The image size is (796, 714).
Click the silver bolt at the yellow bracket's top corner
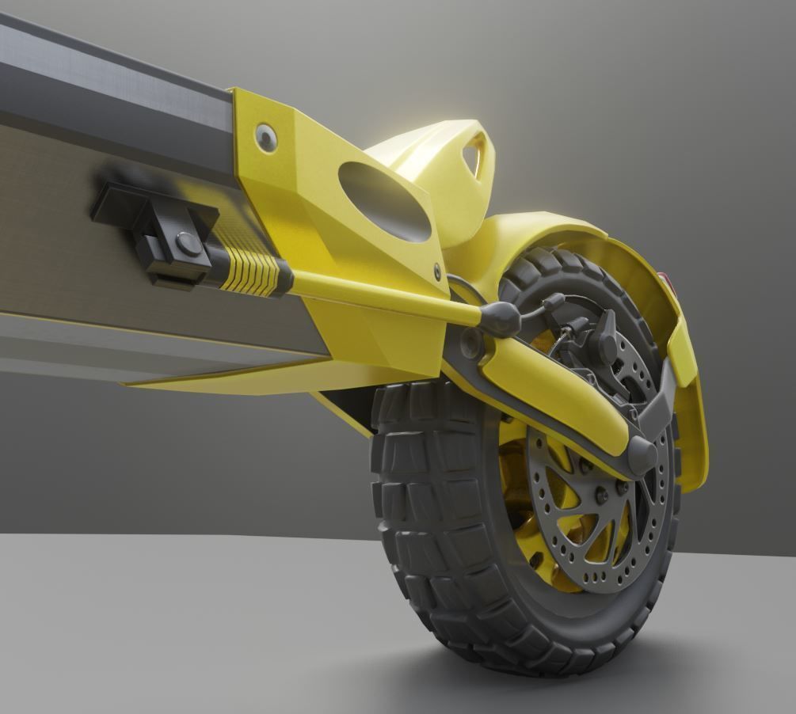(266, 137)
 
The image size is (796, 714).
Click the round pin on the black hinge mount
(188, 243)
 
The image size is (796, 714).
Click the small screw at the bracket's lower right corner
(437, 272)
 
